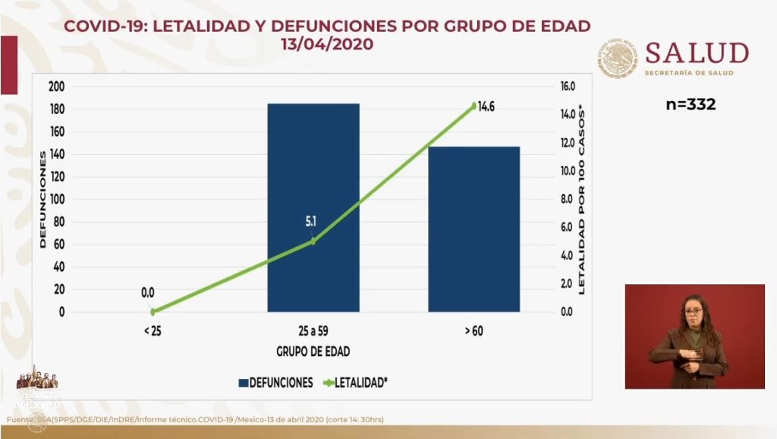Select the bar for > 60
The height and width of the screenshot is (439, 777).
[x=473, y=229]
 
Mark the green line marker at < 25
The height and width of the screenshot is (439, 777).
[x=153, y=311]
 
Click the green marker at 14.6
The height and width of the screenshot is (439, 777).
[x=473, y=106]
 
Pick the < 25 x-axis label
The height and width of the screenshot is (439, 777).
[x=153, y=331]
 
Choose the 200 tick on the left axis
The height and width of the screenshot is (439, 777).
[x=56, y=87]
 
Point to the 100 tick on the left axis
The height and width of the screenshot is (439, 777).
[x=56, y=199]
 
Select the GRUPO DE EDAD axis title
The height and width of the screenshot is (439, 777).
[x=313, y=352]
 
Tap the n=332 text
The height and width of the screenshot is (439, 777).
[x=690, y=104]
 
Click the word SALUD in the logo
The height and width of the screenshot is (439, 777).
[x=696, y=53]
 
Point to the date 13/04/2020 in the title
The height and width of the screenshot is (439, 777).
[x=326, y=45]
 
